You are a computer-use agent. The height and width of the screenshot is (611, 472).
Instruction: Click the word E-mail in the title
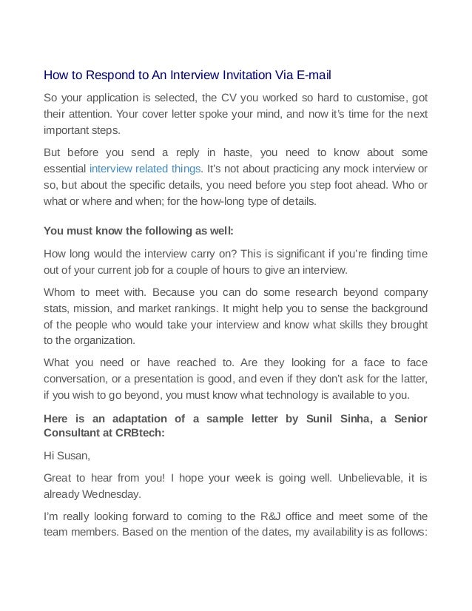click(311, 75)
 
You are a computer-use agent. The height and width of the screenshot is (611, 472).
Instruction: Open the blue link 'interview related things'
click(145, 169)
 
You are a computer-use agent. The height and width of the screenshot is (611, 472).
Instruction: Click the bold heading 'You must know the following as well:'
click(138, 229)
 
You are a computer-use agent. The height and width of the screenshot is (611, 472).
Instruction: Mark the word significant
click(299, 254)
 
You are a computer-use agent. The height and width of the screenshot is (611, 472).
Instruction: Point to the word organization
click(103, 341)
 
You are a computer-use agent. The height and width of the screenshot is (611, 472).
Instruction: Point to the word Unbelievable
click(371, 477)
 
